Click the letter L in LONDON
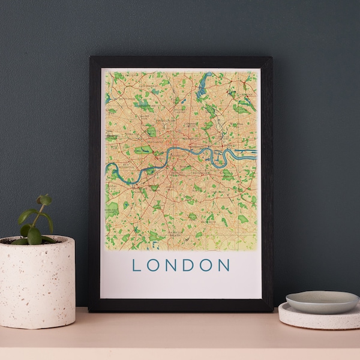point(137,265)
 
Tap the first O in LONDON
point(155,265)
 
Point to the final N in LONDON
point(224,265)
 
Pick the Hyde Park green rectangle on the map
point(143,149)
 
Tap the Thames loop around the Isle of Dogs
point(214,157)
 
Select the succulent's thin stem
point(38,219)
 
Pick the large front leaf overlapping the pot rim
point(34,235)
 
